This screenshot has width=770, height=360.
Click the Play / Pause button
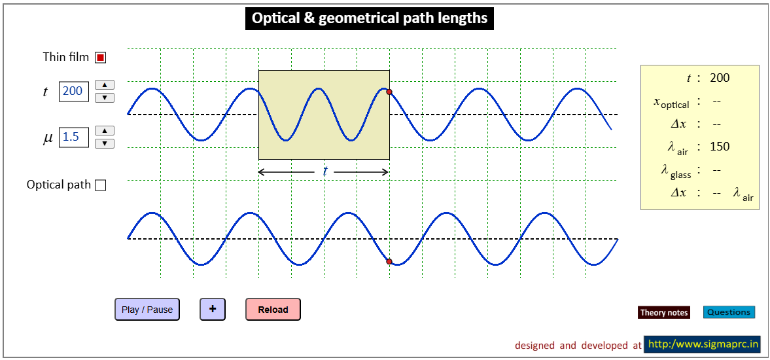[147, 310]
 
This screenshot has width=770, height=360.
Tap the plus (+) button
[213, 310]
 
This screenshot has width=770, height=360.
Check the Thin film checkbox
[101, 58]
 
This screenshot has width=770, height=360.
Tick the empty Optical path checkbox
[101, 185]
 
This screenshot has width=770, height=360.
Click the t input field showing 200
[74, 92]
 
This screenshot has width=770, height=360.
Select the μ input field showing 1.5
[74, 137]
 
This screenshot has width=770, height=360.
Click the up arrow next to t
[105, 84]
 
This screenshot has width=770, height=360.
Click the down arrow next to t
[105, 98]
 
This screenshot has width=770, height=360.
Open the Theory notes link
[664, 312]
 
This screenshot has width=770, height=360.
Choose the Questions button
[729, 312]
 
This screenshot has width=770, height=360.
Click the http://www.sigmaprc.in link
[702, 344]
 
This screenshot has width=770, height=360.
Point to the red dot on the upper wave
[389, 92]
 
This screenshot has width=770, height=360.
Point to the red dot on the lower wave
[389, 262]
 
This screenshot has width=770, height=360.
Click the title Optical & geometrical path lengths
[369, 19]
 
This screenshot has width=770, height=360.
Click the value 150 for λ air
[720, 147]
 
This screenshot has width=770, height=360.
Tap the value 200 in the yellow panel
[720, 78]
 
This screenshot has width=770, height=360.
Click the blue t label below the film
[324, 172]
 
